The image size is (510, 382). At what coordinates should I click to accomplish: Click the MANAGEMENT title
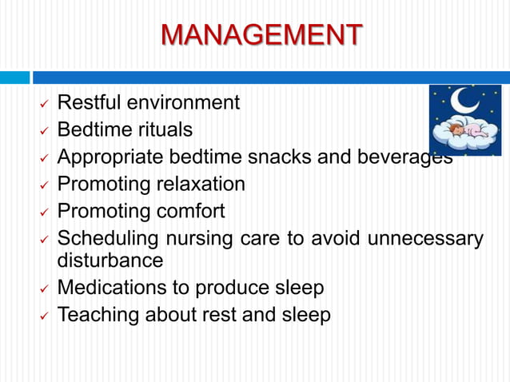pyautogui.click(x=261, y=35)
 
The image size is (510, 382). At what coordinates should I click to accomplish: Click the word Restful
pyautogui.click(x=90, y=102)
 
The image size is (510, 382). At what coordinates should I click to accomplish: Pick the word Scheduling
pyautogui.click(x=108, y=239)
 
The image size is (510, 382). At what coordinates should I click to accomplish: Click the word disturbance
pyautogui.click(x=110, y=260)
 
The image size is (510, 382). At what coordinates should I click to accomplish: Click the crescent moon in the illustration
pyautogui.click(x=464, y=101)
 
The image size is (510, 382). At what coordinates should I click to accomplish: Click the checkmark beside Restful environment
pyautogui.click(x=45, y=105)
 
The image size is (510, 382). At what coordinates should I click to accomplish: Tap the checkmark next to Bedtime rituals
pyautogui.click(x=45, y=131)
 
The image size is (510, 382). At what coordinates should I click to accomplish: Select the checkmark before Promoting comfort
pyautogui.click(x=45, y=213)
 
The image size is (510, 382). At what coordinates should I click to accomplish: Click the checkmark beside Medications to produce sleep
pyautogui.click(x=45, y=289)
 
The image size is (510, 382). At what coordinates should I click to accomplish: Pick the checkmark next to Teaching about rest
pyautogui.click(x=45, y=316)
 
